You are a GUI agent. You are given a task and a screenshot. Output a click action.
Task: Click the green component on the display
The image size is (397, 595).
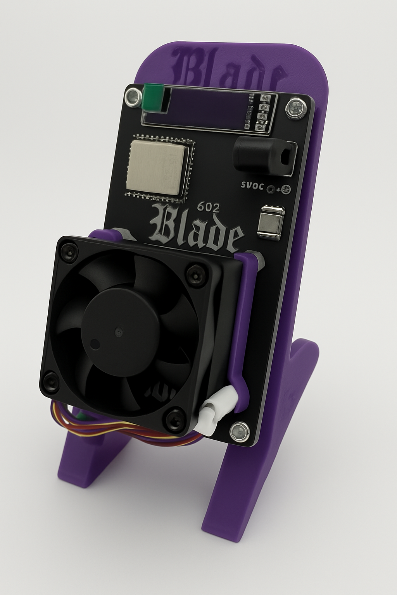coord(152,98)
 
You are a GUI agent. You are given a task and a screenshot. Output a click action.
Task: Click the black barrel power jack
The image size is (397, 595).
coord(264,156)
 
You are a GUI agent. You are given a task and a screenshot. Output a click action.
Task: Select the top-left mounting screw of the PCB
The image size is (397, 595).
coord(133,97)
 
